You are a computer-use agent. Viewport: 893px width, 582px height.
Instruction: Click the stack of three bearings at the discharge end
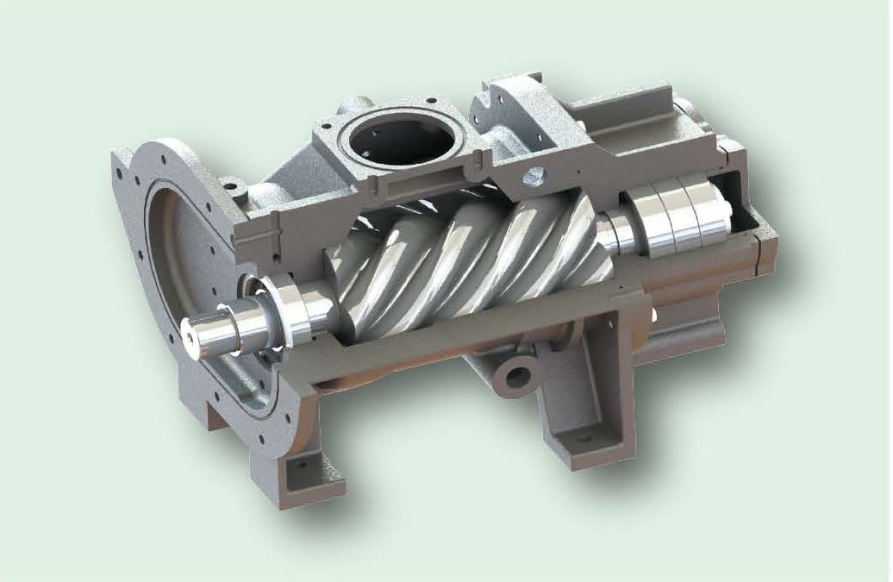tap(681, 216)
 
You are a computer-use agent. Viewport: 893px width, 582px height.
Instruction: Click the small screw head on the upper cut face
tap(534, 176)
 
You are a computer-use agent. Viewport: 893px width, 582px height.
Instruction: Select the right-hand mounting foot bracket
tap(586, 405)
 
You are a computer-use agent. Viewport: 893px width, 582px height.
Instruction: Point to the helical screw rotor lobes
tap(465, 259)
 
